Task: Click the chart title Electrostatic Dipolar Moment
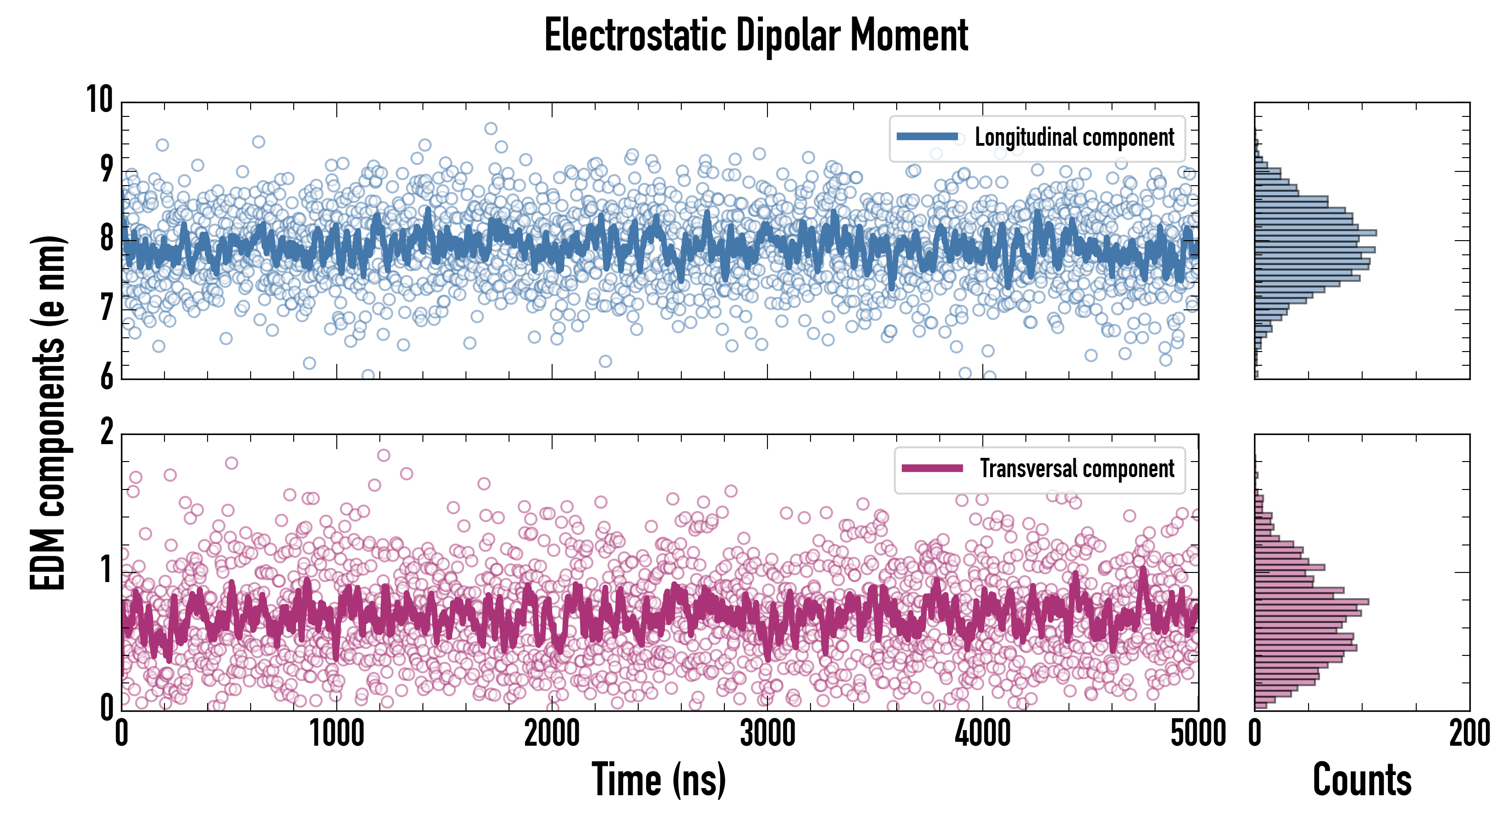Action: (756, 35)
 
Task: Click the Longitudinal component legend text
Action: (1074, 137)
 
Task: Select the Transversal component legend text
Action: (1077, 468)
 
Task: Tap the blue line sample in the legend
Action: (927, 137)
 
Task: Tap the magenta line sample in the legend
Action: (932, 468)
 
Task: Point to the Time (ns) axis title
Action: (658, 780)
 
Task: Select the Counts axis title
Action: (1362, 780)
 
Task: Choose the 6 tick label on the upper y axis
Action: (106, 376)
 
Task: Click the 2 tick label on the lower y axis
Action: (106, 432)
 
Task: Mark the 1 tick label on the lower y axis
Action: (106, 570)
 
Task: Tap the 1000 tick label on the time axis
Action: (337, 733)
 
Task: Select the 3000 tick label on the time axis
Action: (767, 733)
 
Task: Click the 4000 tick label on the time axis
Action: (982, 733)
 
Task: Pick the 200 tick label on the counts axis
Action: (1469, 733)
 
